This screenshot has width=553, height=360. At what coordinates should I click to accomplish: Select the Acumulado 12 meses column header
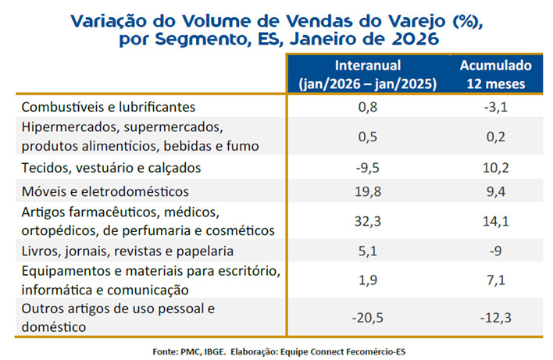[495, 74]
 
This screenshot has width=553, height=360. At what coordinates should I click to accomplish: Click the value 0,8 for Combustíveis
[367, 106]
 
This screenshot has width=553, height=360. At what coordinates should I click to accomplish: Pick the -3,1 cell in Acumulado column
[495, 106]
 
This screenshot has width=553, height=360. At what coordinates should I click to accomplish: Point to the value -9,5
[367, 167]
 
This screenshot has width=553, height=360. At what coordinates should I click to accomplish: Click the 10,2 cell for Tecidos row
[495, 167]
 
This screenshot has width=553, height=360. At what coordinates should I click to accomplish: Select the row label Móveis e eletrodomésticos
[105, 191]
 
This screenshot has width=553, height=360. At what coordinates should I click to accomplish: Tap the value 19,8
[367, 191]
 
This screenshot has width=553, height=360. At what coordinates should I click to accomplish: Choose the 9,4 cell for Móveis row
[495, 191]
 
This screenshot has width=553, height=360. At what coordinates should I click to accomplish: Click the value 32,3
[367, 221]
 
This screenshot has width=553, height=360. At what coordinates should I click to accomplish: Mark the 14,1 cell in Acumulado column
[495, 221]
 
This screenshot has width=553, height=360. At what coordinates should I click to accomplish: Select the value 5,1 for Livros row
[367, 251]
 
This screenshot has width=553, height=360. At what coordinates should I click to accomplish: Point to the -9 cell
[495, 251]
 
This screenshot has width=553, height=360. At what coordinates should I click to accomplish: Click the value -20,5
[367, 318]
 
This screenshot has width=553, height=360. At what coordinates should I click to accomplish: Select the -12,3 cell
[495, 318]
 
